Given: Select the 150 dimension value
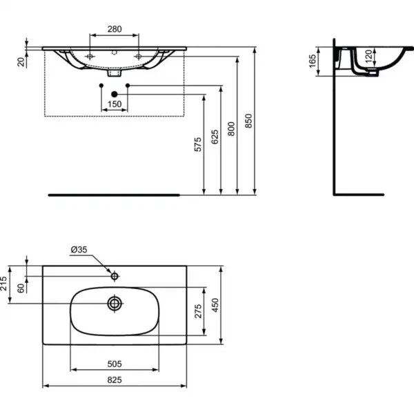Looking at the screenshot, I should point(114,103).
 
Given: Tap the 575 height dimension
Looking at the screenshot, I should point(197,144).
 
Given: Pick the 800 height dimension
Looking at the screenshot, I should point(232,127).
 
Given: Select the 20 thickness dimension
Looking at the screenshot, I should point(21,62).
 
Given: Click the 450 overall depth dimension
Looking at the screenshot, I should point(215,304).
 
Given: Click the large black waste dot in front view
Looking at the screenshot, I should point(114,93).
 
